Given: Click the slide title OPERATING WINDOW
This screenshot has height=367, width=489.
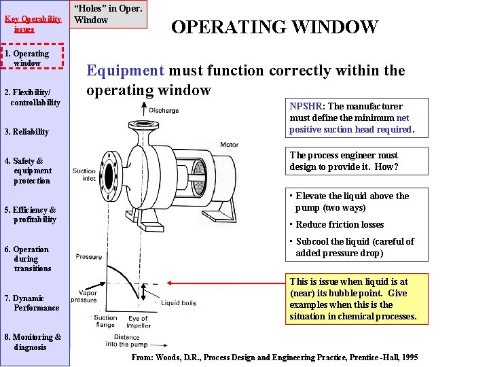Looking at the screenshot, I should click(x=274, y=27).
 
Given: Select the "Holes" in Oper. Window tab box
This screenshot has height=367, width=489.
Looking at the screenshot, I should click(x=109, y=14).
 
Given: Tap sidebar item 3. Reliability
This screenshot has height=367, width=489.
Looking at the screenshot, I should click(x=26, y=132).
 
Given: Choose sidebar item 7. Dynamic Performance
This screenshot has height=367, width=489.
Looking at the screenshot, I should click(x=32, y=303).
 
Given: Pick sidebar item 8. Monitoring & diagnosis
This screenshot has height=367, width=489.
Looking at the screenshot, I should click(x=33, y=342).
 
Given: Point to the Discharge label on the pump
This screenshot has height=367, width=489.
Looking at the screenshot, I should click(x=163, y=110).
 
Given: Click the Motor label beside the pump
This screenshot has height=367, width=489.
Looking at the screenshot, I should click(x=229, y=145).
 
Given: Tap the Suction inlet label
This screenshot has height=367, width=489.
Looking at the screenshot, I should click(x=84, y=175).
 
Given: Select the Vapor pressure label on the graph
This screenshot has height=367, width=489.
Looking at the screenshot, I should click(x=84, y=296).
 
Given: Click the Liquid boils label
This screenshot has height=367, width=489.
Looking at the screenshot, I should click(x=179, y=302).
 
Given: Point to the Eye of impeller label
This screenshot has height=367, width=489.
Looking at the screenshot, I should click(x=138, y=322).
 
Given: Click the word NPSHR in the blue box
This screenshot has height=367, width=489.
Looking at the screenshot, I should click(x=305, y=107).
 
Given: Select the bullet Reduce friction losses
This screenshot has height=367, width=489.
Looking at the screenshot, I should click(x=340, y=225).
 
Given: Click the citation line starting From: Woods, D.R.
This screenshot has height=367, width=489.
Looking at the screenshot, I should click(x=274, y=357).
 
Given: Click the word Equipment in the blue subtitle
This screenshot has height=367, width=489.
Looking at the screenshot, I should click(x=124, y=71).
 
